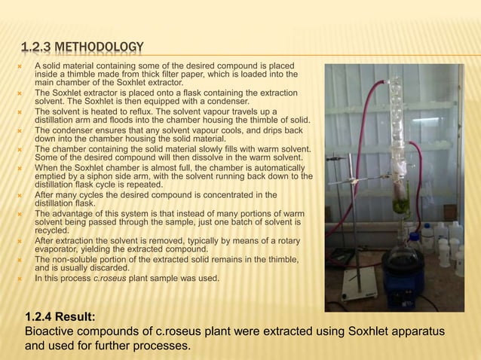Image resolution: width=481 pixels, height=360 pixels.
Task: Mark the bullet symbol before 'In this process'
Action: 23,279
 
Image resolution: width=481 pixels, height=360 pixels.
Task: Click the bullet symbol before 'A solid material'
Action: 23,68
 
